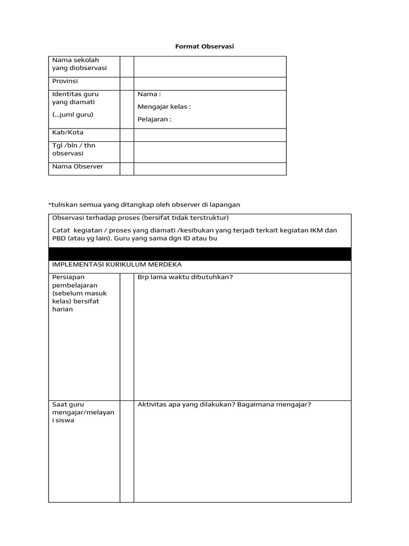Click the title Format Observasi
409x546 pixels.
click(x=204, y=47)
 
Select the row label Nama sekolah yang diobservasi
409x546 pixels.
click(x=79, y=64)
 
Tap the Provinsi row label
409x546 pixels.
click(x=65, y=81)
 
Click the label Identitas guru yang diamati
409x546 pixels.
click(x=75, y=98)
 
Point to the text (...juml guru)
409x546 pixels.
click(x=73, y=115)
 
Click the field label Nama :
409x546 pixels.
click(x=149, y=94)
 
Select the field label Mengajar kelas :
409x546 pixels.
click(x=164, y=107)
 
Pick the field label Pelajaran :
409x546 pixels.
click(x=154, y=119)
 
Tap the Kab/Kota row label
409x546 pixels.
click(x=68, y=133)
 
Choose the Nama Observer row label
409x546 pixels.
click(x=77, y=166)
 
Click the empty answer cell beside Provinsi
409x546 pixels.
click(x=210, y=83)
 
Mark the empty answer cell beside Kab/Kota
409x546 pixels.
click(x=210, y=135)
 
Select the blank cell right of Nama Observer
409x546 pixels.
click(x=210, y=168)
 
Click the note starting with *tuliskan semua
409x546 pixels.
click(x=144, y=205)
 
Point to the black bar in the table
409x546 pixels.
click(x=200, y=254)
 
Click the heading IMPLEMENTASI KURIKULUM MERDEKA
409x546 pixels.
click(x=117, y=265)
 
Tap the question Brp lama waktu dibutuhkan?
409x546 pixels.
click(x=185, y=277)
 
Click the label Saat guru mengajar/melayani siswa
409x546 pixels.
click(x=83, y=412)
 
